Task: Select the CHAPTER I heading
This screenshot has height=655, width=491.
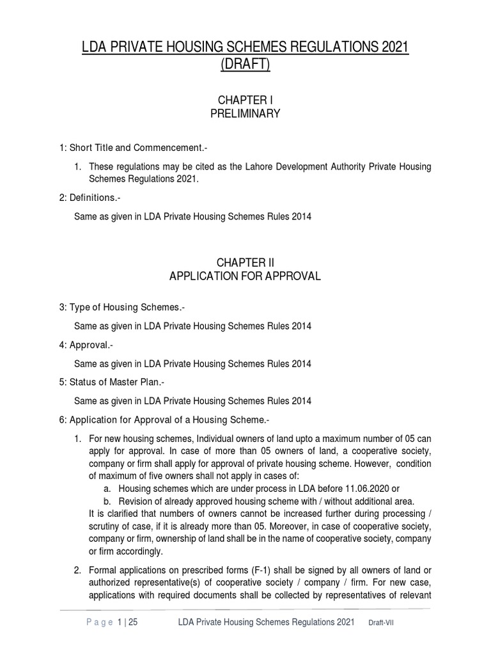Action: point(245,100)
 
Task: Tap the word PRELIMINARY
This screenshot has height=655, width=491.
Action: point(245,114)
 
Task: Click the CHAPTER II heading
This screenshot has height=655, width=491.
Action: point(245,262)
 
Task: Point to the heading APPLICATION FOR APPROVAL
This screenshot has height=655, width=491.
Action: point(245,276)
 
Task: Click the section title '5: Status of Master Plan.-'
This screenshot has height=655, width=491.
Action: point(111,383)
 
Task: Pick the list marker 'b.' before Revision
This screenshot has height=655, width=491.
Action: point(106,501)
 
